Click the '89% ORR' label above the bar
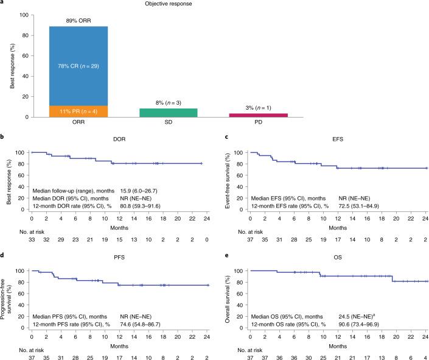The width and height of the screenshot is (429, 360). (x=74, y=21)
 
